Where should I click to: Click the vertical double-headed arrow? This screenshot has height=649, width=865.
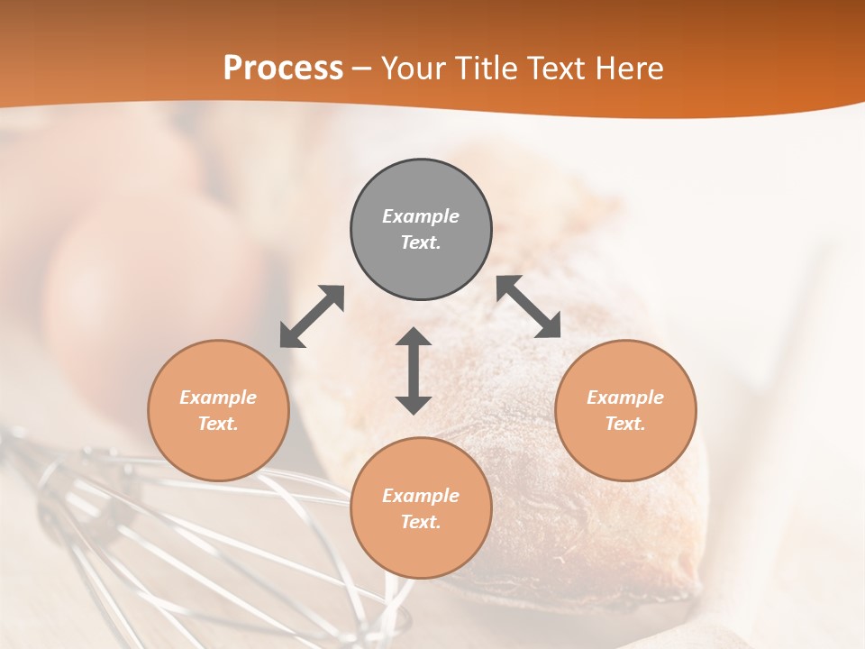414,370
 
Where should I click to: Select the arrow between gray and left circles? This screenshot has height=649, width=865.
312,316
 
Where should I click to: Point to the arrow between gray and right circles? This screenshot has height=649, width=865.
529,306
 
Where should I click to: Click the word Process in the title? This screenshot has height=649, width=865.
283,69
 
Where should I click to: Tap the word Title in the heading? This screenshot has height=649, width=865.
487,69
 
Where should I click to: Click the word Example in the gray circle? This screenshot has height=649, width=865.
421,216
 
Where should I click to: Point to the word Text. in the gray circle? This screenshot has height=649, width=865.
421,242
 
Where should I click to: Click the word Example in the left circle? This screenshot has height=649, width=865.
218,398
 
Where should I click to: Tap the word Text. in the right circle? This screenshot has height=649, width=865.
625,424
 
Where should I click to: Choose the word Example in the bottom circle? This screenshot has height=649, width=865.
421,496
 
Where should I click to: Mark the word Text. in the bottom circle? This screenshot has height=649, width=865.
421,522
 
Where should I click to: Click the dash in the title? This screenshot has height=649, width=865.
362,69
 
